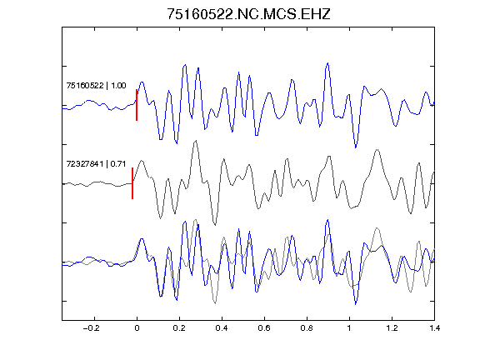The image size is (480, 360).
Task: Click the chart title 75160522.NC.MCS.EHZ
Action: click(248, 14)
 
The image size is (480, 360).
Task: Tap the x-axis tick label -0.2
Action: click(91, 328)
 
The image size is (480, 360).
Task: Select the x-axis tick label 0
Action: click(137, 328)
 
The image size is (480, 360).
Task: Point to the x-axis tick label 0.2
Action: click(179, 328)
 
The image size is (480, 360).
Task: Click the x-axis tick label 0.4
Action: click(222, 328)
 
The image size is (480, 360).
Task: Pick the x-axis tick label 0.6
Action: click(264, 328)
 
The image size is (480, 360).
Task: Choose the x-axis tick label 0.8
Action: click(307, 328)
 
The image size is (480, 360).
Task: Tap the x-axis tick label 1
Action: click(349, 328)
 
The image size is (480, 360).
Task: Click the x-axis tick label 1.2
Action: click(392, 328)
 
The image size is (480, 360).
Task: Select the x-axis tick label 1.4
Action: click(434, 328)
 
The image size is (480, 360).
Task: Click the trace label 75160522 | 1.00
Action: click(96, 85)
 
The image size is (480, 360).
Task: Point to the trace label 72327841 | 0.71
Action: click(96, 164)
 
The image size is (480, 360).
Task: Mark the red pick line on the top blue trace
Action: click(137, 105)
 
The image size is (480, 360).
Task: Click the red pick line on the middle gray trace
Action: click(132, 183)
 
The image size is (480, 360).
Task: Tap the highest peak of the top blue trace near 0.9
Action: click(327, 63)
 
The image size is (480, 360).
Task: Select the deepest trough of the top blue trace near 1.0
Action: click(355, 147)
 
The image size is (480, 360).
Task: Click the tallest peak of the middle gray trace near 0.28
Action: click(196, 141)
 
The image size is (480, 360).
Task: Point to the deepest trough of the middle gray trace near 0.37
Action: click(215, 224)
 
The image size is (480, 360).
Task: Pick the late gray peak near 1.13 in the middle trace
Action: click(377, 150)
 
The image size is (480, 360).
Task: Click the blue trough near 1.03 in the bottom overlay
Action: click(355, 304)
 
